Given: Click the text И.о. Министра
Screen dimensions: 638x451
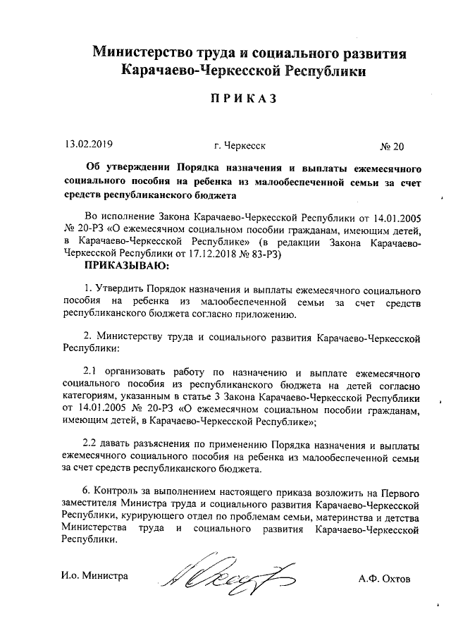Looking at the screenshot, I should pyautogui.click(x=94, y=576).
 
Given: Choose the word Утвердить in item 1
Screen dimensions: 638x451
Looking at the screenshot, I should pyautogui.click(x=118, y=289).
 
